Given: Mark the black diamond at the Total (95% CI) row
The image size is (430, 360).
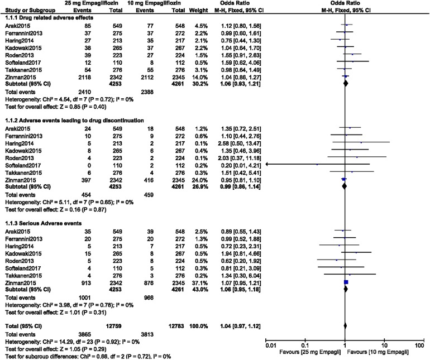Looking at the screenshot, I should point(345,325).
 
